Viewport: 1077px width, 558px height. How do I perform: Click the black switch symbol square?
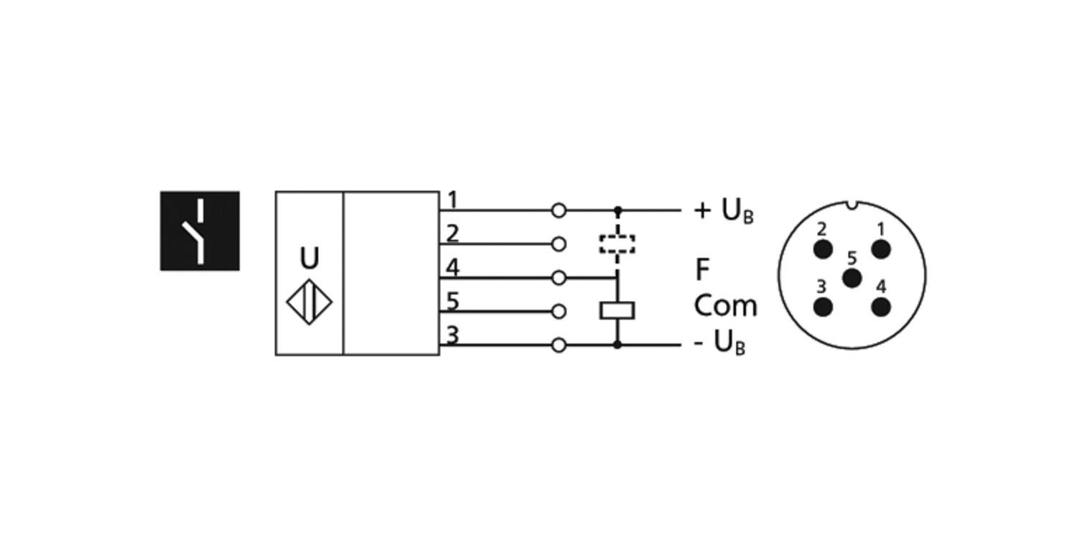pos(200,231)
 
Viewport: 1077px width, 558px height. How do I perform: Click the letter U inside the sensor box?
pos(309,258)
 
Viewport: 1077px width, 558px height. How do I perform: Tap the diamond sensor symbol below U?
pos(309,302)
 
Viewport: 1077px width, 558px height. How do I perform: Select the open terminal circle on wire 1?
pos(559,210)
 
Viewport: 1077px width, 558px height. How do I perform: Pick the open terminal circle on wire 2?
pos(559,244)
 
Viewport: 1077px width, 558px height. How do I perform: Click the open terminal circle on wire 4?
pos(559,278)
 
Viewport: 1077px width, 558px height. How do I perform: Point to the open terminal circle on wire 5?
pos(559,312)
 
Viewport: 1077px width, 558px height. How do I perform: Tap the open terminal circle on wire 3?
pos(559,345)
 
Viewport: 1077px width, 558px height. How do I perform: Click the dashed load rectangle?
pos(617,243)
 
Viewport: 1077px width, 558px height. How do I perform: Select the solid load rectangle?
pos(617,310)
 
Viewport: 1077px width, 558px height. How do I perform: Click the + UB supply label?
pos(723,210)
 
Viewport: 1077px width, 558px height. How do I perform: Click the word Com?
pos(725,306)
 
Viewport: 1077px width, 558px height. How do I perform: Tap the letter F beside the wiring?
pos(702,270)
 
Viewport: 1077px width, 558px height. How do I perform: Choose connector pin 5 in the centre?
pos(852,277)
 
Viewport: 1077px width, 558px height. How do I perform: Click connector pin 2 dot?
pos(823,249)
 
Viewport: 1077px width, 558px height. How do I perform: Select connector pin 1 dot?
pos(881,249)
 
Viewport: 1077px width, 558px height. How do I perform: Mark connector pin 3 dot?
pos(823,307)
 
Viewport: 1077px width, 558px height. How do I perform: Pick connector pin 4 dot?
pos(881,307)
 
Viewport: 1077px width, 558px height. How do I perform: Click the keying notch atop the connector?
pos(852,205)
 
